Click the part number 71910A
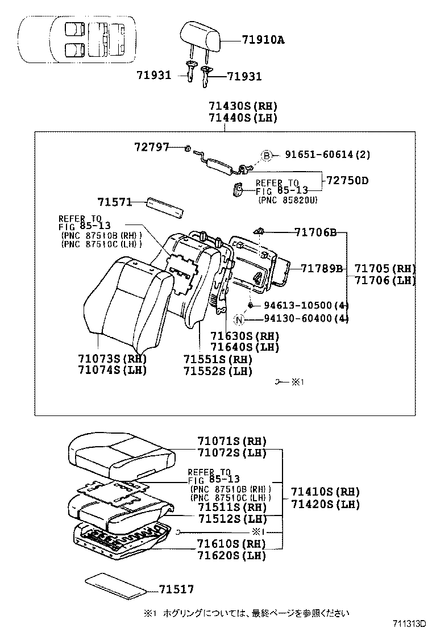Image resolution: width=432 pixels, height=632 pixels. [263, 40]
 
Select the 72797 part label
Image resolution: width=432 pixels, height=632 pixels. [152, 147]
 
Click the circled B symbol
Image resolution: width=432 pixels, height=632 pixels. [267, 155]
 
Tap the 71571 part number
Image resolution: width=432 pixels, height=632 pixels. [114, 202]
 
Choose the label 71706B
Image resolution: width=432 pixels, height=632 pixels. [315, 232]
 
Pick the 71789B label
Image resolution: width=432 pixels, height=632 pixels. [322, 268]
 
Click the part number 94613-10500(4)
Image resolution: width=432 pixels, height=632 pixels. [305, 306]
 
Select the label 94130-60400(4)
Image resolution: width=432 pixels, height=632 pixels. [305, 318]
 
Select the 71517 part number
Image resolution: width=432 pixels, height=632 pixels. [176, 590]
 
